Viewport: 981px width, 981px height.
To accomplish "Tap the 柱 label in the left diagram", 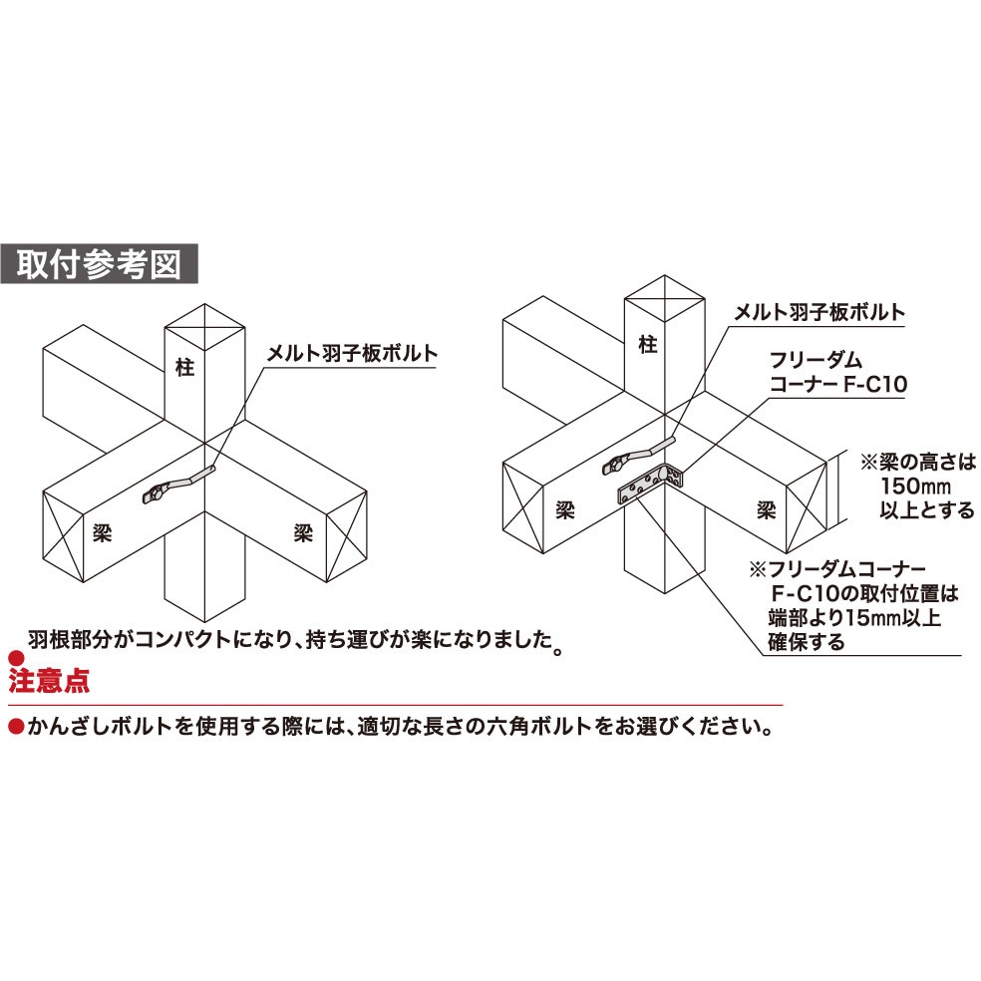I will coord(184,368).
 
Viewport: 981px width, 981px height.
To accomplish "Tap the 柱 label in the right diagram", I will coord(648,345).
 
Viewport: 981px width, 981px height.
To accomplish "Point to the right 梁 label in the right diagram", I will coord(766,510).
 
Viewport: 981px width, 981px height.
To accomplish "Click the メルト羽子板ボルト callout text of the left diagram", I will coord(352,353).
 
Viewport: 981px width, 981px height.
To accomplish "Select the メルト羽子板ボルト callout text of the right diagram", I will coord(818,312).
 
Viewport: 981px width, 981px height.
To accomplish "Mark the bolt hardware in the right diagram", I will coord(638,455).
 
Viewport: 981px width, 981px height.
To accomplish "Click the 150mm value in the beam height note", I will coord(909,486).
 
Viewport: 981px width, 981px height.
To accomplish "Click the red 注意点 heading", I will coord(49,683).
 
